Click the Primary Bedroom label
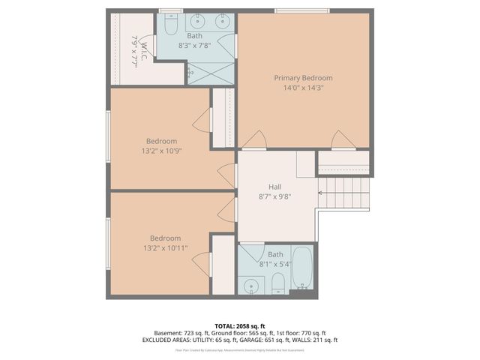[303, 78]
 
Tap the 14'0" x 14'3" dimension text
[303, 88]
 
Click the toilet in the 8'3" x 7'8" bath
[170, 27]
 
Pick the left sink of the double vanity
[199, 21]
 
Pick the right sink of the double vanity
[223, 21]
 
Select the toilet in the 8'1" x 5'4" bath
[277, 282]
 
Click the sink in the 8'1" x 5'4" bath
[251, 285]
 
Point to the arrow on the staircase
[322, 193]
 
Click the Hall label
[275, 187]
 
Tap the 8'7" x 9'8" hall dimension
[274, 196]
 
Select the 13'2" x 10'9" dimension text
[161, 151]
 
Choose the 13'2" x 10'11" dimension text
[165, 248]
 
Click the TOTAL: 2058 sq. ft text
[240, 325]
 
